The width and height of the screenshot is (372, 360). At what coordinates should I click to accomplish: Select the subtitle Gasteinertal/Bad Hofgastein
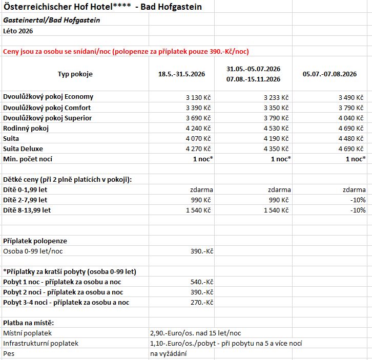52,20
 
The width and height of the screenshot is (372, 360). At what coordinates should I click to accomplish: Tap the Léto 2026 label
18,31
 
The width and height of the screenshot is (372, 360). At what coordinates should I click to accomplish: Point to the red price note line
126,52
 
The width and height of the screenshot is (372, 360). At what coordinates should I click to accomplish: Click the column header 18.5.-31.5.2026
181,74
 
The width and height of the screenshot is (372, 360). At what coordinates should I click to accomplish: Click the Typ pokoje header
75,74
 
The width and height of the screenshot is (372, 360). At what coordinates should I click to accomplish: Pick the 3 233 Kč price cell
277,97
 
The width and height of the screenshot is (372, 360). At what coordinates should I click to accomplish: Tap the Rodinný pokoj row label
26,128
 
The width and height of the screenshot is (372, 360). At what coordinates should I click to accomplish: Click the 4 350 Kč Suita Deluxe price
277,149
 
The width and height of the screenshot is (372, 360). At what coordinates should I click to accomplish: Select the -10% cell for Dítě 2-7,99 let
358,200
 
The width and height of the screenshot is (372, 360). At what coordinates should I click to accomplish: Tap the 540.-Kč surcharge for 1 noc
201,282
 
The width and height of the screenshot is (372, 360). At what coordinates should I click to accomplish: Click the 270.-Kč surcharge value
201,302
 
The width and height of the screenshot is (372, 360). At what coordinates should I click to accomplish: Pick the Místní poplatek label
27,333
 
